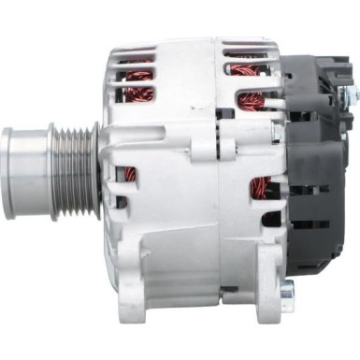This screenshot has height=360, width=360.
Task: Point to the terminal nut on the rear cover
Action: point(350,94)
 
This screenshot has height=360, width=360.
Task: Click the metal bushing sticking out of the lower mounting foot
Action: point(287,289)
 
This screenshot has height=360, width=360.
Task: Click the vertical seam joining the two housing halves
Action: point(217,187)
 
